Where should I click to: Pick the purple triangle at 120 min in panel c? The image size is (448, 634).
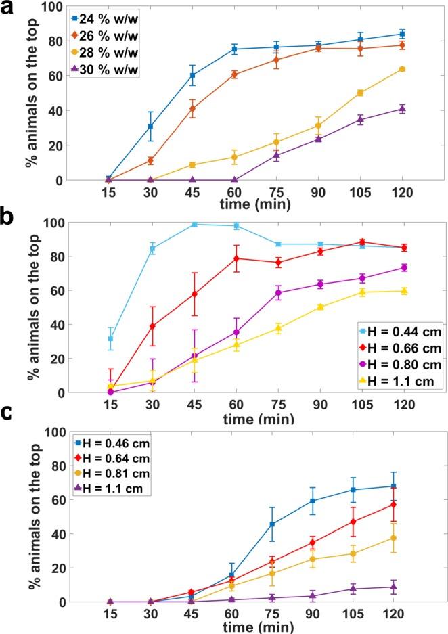(x=402, y=587)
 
